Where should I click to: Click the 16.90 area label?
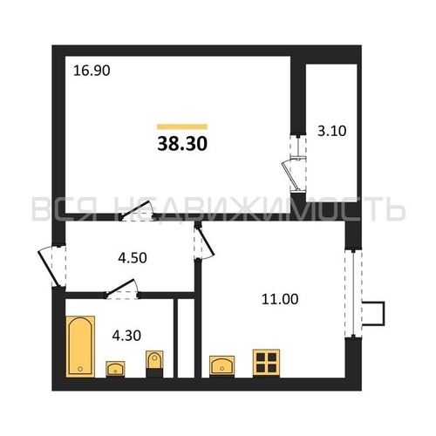92,71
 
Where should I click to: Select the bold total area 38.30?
182,144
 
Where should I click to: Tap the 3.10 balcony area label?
331,131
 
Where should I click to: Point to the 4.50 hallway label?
133,258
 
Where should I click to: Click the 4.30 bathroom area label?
126,336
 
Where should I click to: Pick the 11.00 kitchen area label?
280,299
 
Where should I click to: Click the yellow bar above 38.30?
182,126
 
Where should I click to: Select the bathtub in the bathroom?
80,346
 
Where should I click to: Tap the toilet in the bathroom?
154,364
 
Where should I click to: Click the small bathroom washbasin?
115,369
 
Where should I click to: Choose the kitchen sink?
221,366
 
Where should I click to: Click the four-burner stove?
266,364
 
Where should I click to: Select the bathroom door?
121,290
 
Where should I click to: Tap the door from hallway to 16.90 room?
137,211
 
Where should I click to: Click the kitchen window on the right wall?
353,293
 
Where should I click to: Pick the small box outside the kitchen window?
373,314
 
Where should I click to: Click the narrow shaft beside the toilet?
186,338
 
